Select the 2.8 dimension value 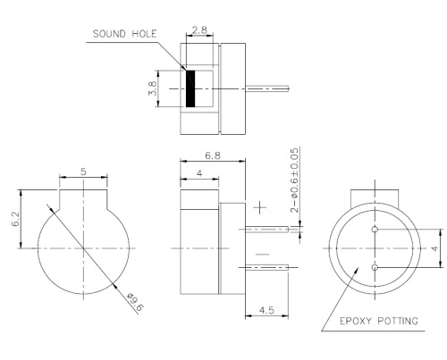pyautogui.click(x=199, y=30)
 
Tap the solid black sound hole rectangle pyautogui.click(x=190, y=88)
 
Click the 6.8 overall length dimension pyautogui.click(x=212, y=154)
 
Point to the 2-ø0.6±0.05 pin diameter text pyautogui.click(x=295, y=178)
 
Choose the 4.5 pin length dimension pyautogui.click(x=266, y=311)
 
